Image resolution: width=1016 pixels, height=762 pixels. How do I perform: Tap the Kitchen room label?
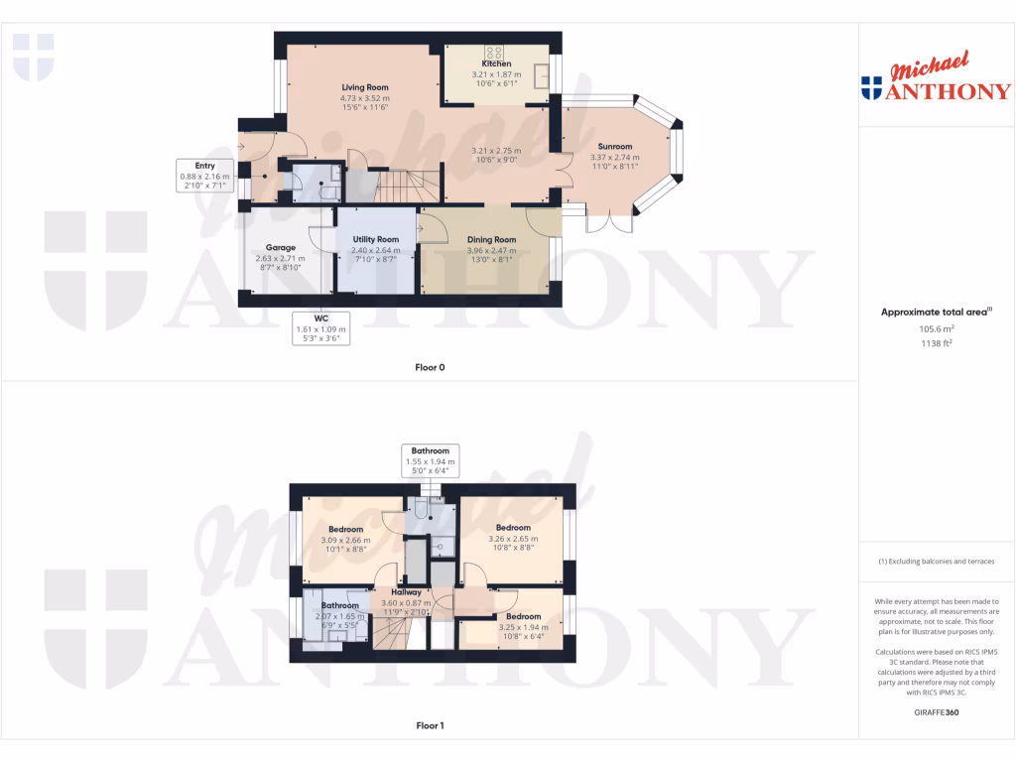tap(496, 63)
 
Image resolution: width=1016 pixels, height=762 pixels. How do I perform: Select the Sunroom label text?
tap(615, 147)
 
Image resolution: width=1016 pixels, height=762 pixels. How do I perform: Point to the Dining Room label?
tap(492, 239)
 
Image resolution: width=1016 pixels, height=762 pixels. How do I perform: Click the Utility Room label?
tap(375, 239)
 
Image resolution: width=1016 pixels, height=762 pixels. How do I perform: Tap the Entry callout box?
tap(204, 176)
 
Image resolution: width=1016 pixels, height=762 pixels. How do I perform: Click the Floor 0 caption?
tap(430, 367)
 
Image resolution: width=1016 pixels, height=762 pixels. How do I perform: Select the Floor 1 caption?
tap(430, 725)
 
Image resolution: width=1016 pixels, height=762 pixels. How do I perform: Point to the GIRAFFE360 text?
tap(937, 711)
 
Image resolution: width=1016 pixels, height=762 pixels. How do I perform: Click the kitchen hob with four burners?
tap(493, 52)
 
